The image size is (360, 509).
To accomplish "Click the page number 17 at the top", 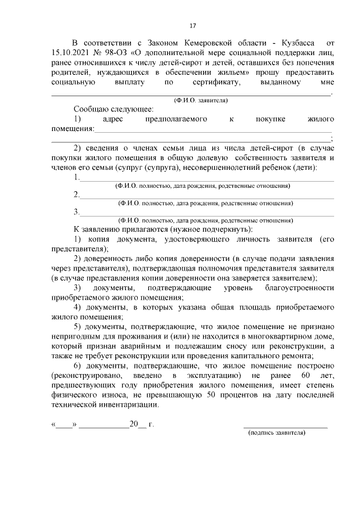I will [x=192, y=26].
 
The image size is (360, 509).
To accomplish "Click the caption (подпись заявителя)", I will [x=277, y=434].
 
